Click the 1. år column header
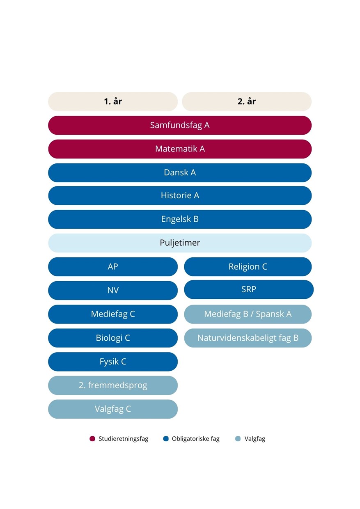[x=113, y=101]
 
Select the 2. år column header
[x=247, y=101]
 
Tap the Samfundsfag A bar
[x=180, y=125]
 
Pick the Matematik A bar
[x=180, y=149]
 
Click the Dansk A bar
[x=180, y=173]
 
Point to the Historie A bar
[x=180, y=196]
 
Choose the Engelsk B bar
[x=180, y=219]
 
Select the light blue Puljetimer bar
[x=180, y=243]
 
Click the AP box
[x=113, y=267]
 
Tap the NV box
[x=113, y=291]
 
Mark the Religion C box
[x=248, y=267]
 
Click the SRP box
[x=249, y=289]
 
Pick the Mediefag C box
[x=113, y=314]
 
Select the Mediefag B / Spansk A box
[x=248, y=314]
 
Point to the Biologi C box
[x=113, y=338]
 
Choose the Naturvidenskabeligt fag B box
[x=248, y=338]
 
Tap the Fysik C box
[x=113, y=362]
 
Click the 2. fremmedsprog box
[x=113, y=385]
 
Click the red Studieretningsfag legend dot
[x=92, y=439]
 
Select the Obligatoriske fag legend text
[x=195, y=439]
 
